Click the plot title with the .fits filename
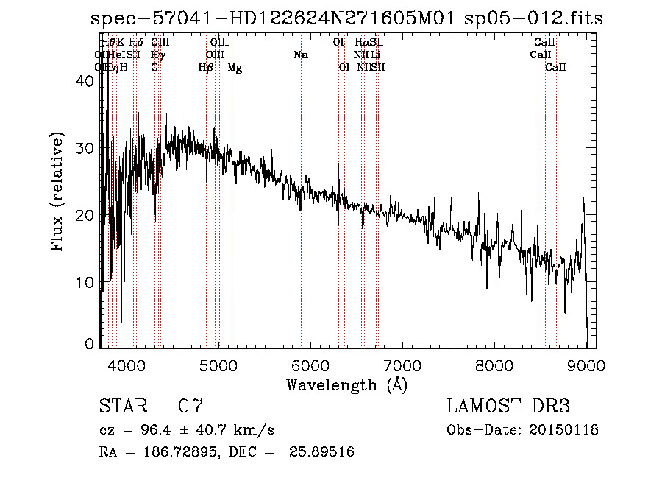[346, 18]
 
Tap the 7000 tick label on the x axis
[402, 365]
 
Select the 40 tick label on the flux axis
[85, 82]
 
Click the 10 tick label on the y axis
[85, 282]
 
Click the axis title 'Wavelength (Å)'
[346, 384]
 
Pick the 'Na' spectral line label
[300, 55]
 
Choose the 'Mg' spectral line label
[235, 68]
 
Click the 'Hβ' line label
[206, 68]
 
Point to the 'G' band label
[154, 68]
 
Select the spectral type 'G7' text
[191, 407]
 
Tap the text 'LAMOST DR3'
[508, 407]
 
